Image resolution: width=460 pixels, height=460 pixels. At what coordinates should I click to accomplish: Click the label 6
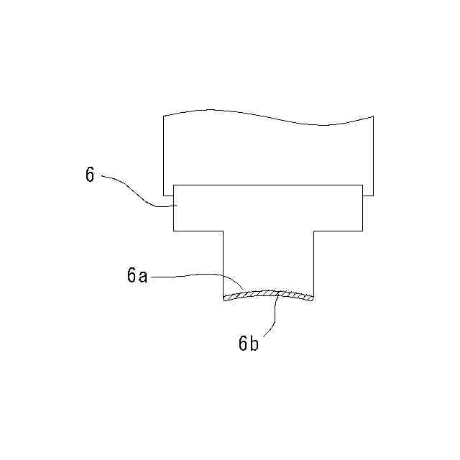[90, 175]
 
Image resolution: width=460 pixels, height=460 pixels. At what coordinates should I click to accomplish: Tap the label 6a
[137, 275]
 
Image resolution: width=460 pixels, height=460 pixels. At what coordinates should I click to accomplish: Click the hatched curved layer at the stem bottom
[269, 293]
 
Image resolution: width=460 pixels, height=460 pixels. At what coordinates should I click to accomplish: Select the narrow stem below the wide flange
[269, 262]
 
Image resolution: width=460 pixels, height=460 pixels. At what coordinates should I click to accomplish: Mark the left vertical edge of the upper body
[164, 155]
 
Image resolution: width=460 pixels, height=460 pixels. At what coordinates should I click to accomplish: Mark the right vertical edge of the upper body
[373, 155]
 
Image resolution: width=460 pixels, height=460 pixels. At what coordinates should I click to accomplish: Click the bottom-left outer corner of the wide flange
[173, 231]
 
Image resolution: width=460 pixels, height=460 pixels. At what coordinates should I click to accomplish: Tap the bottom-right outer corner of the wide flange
[362, 231]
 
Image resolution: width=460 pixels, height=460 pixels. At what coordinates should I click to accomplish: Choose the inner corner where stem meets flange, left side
[223, 231]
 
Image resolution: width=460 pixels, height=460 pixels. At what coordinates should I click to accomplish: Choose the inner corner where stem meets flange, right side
[315, 231]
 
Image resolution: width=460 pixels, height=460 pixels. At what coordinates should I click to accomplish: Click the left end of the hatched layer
[225, 299]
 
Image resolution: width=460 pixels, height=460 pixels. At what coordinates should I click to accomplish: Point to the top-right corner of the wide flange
[362, 185]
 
